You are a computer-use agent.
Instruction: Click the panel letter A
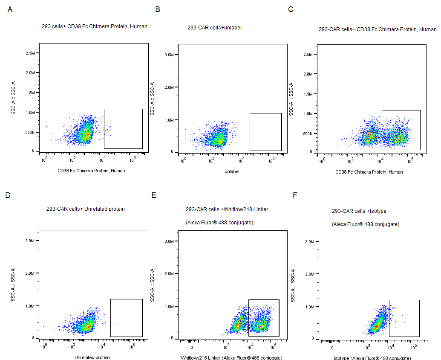point(10,9)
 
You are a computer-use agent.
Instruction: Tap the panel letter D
point(8,195)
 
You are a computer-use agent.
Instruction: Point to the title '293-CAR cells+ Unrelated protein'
point(85,209)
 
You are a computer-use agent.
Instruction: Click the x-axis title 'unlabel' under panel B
point(232,171)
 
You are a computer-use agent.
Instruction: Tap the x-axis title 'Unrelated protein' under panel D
point(92,357)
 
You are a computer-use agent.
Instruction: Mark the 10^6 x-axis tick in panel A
point(133,159)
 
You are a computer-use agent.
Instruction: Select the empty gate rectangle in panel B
point(265,132)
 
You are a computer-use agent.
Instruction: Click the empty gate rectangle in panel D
point(126,318)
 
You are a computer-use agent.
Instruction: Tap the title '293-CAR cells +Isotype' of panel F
point(359,211)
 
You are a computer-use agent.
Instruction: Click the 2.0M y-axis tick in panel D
point(29,273)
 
